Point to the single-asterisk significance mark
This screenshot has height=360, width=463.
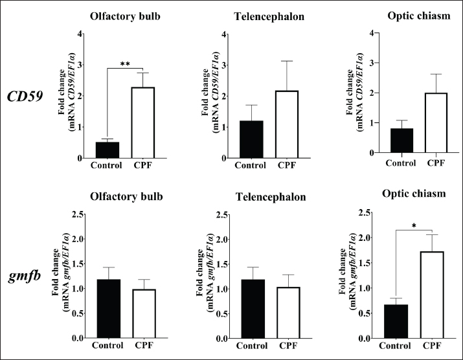point(413,225)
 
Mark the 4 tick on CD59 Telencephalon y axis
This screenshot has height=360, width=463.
point(223,34)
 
